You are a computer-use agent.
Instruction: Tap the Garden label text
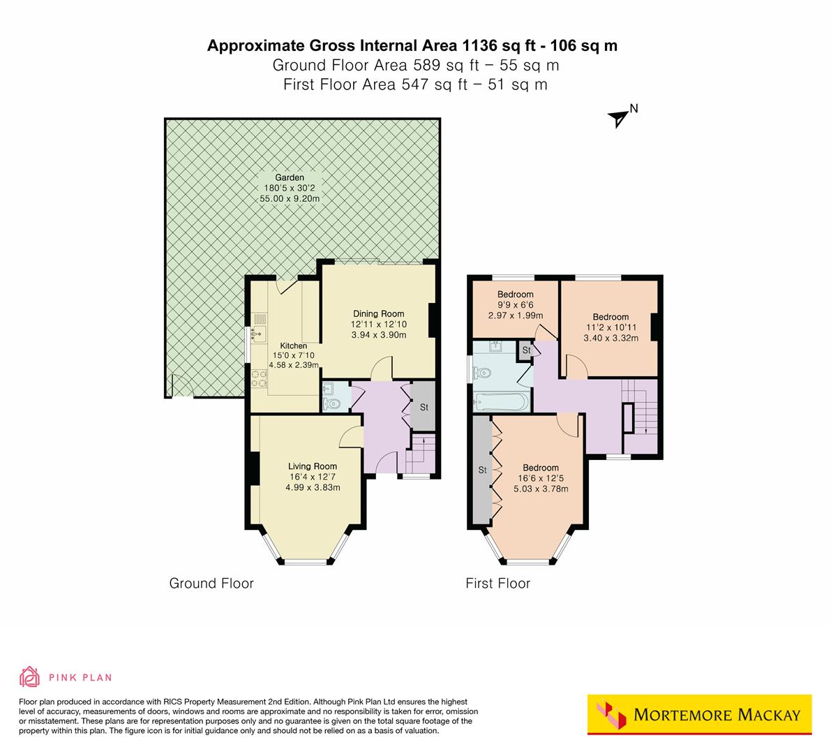pos(288,178)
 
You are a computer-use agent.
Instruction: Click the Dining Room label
pos(378,314)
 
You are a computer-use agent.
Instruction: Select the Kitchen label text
pos(293,346)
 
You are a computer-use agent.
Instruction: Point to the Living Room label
pos(313,466)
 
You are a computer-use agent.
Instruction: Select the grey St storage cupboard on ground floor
pos(423,407)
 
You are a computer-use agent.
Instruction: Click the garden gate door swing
pos(179,386)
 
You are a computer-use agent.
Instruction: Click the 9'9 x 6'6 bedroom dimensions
pos(516,306)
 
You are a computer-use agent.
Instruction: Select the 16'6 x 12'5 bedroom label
pos(541,478)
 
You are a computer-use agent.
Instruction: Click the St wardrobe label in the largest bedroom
pos(481,470)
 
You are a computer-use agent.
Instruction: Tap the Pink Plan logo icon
pos(30,677)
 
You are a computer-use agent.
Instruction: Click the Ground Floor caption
pos(211,583)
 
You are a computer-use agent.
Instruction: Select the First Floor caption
pos(497,583)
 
